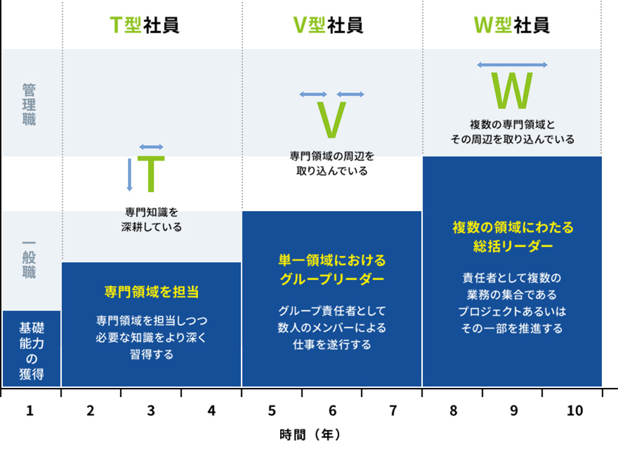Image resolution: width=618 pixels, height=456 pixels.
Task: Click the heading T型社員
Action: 145,25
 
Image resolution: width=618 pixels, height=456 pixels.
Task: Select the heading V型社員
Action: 329,25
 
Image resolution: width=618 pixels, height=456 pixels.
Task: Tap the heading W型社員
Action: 511,25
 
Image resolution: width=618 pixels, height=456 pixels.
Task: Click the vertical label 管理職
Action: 29,105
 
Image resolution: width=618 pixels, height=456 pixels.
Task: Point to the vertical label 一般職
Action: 29,260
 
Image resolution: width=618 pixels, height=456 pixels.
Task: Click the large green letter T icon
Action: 151,174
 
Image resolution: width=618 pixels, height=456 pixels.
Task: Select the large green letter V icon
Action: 331,120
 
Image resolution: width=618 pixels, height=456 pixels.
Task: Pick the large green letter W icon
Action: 512,90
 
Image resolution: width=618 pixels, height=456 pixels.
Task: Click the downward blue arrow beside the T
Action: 129,175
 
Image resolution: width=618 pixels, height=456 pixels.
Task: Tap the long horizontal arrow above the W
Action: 512,65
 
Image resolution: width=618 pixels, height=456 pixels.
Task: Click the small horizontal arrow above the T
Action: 152,147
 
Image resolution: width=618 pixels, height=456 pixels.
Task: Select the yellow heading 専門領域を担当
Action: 152,292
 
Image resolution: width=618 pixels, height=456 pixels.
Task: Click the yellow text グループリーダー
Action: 332,279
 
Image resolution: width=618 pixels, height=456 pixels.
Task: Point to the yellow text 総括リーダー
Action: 513,246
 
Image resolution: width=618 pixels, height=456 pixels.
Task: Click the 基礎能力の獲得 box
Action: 32,349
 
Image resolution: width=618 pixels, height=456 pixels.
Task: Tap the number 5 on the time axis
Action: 272,410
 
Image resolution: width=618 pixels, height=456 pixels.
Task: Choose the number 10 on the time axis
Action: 574,410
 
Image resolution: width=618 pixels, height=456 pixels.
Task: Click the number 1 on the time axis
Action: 29,410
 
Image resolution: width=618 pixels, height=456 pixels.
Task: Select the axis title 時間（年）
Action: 310,435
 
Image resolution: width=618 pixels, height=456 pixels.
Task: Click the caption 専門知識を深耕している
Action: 152,220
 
